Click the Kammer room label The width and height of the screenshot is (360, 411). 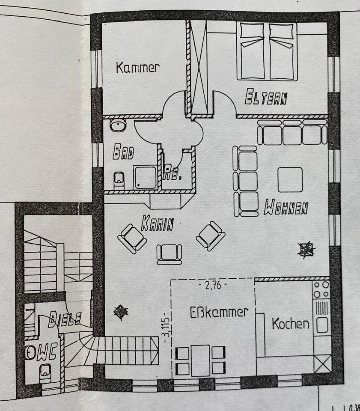click(138, 67)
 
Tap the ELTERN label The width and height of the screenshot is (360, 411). click(266, 98)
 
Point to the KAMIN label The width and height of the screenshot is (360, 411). click(158, 223)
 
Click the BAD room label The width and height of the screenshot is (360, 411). click(123, 152)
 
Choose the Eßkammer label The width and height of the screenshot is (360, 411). click(219, 312)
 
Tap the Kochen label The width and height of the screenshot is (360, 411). click(291, 324)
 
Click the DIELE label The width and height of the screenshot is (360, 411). click(65, 319)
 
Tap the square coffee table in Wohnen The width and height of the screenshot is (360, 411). click(290, 179)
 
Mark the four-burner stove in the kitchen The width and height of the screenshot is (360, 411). click(321, 289)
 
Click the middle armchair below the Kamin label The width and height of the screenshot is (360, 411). click(170, 253)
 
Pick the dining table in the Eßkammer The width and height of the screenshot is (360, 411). click(200, 360)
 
